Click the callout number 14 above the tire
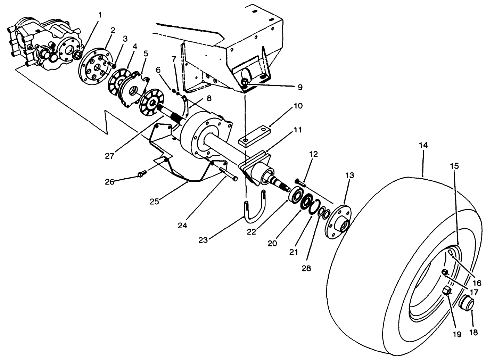[x=423, y=145]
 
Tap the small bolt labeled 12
[x=299, y=181]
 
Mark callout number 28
[x=306, y=268]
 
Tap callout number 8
[x=208, y=98]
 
